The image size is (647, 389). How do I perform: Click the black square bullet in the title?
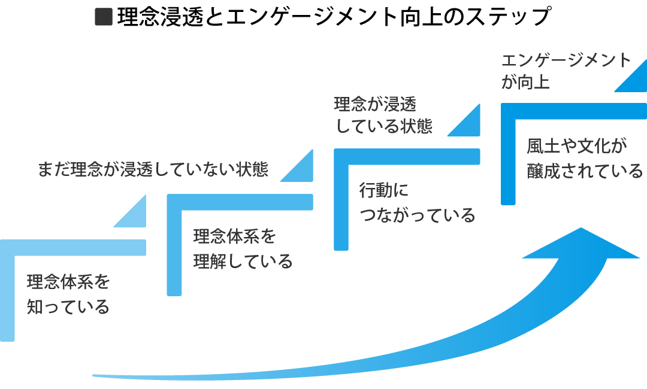(x=104, y=17)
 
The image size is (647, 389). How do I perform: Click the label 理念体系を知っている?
(x=69, y=294)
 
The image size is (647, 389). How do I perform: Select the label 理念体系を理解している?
(x=243, y=248)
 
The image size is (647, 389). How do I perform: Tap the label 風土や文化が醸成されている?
(x=584, y=158)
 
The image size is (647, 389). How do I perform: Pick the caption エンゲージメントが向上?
(x=566, y=71)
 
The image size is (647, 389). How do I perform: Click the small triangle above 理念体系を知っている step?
(x=135, y=215)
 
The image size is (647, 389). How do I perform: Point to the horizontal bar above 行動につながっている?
(x=407, y=156)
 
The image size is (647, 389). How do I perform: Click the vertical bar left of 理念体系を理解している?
(x=174, y=251)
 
